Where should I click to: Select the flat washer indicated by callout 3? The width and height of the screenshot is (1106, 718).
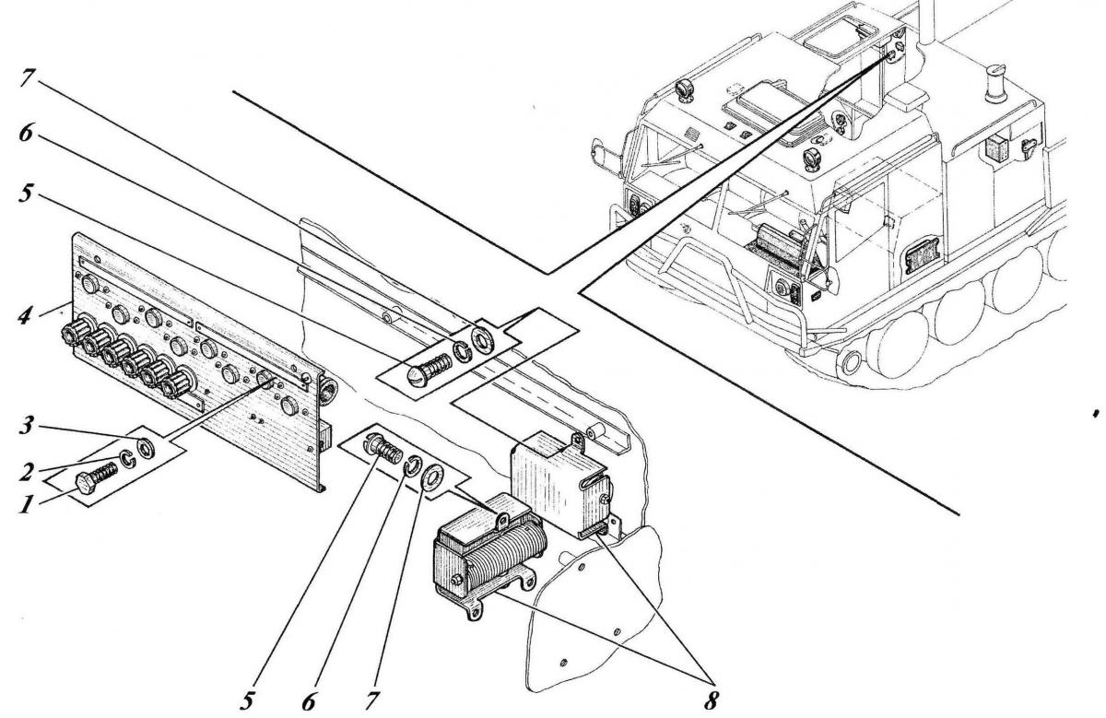pyautogui.click(x=146, y=448)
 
